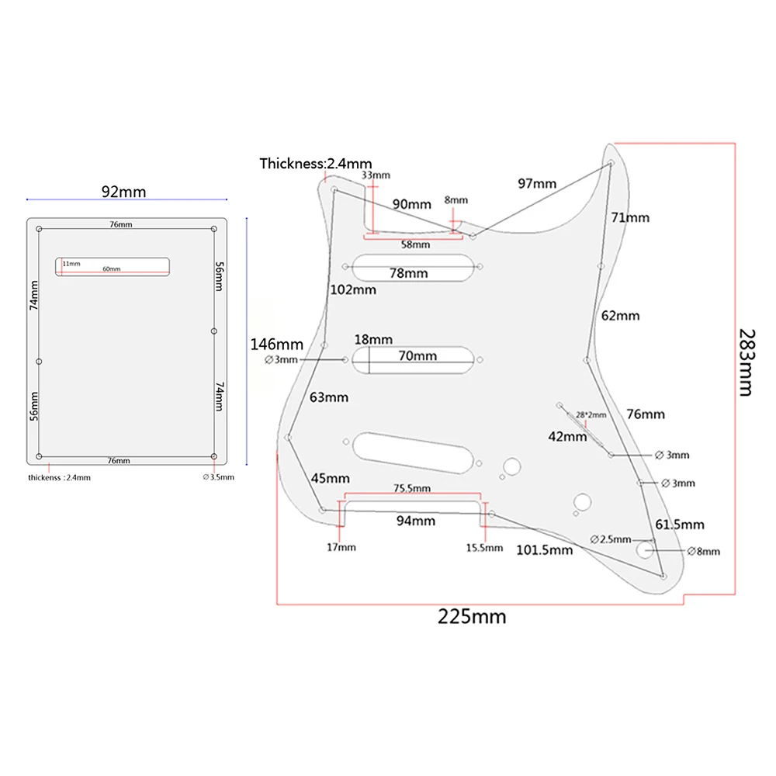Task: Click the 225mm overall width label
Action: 472,617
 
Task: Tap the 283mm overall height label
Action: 745,362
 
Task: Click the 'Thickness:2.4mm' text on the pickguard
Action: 316,164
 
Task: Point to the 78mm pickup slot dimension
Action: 409,274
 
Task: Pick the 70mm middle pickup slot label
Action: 418,357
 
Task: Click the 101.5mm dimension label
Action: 545,550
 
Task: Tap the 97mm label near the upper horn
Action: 538,184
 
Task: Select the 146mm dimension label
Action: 276,344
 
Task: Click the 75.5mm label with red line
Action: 412,489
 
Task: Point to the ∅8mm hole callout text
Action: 704,552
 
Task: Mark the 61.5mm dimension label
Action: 680,525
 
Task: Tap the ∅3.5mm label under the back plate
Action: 218,477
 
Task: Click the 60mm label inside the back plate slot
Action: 112,269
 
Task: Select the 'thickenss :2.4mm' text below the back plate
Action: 59,477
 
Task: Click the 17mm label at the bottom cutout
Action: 341,547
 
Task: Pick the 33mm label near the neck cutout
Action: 376,175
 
